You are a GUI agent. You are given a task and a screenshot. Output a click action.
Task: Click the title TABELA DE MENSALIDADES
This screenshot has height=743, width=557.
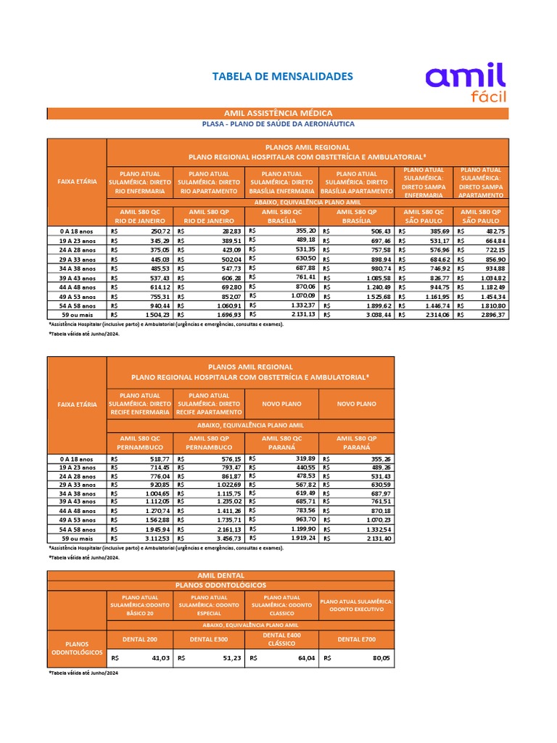282,76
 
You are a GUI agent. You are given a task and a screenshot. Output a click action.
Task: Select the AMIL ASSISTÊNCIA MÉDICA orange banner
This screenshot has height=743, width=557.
278,113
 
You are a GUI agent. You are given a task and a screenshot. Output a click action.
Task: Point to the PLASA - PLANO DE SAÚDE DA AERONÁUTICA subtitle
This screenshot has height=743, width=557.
278,124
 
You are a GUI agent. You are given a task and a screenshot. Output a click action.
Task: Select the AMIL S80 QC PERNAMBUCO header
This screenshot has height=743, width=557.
141,443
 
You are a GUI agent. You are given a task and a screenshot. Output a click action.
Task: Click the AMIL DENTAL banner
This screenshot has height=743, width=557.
221,575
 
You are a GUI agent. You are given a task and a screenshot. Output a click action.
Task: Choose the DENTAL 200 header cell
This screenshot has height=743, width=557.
141,639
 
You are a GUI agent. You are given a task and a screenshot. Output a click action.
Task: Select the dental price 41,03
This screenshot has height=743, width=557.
160,657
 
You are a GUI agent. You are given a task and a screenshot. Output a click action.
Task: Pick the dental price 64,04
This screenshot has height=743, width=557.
305,657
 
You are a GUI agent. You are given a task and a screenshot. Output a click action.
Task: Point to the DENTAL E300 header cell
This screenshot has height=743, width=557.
210,639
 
